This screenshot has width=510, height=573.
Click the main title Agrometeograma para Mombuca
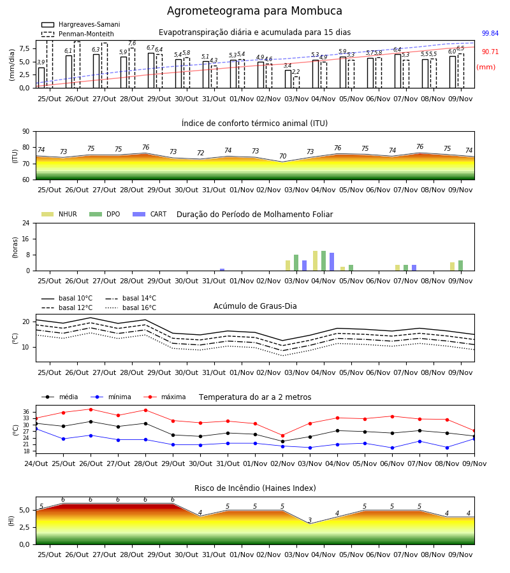[x=254, y=11]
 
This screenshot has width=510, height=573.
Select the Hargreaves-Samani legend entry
[x=80, y=24]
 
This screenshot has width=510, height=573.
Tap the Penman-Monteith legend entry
[x=78, y=34]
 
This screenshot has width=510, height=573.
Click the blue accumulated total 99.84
[x=490, y=33]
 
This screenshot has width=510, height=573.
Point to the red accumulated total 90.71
[x=490, y=52]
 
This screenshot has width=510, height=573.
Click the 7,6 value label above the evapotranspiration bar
[x=132, y=43]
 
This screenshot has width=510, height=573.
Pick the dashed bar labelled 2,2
[x=296, y=82]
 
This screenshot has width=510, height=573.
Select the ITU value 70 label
[x=283, y=157]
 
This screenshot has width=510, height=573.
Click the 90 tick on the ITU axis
[x=26, y=132]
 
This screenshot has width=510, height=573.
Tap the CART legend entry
[x=150, y=214]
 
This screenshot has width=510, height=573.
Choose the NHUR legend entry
[x=59, y=214]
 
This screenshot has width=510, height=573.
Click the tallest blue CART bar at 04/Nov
[x=332, y=262]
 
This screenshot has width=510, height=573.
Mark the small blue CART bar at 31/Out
[x=222, y=270]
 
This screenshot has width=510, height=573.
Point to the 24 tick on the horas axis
[x=26, y=223]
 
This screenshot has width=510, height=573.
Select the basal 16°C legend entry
[x=131, y=308]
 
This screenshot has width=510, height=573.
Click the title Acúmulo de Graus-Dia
[x=255, y=306]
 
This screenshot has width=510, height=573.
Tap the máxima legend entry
[x=164, y=397]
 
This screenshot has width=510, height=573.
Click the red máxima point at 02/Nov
[x=282, y=435]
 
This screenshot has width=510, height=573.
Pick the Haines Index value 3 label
[x=310, y=520]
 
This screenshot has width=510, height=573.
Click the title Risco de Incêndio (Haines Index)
[x=255, y=488]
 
